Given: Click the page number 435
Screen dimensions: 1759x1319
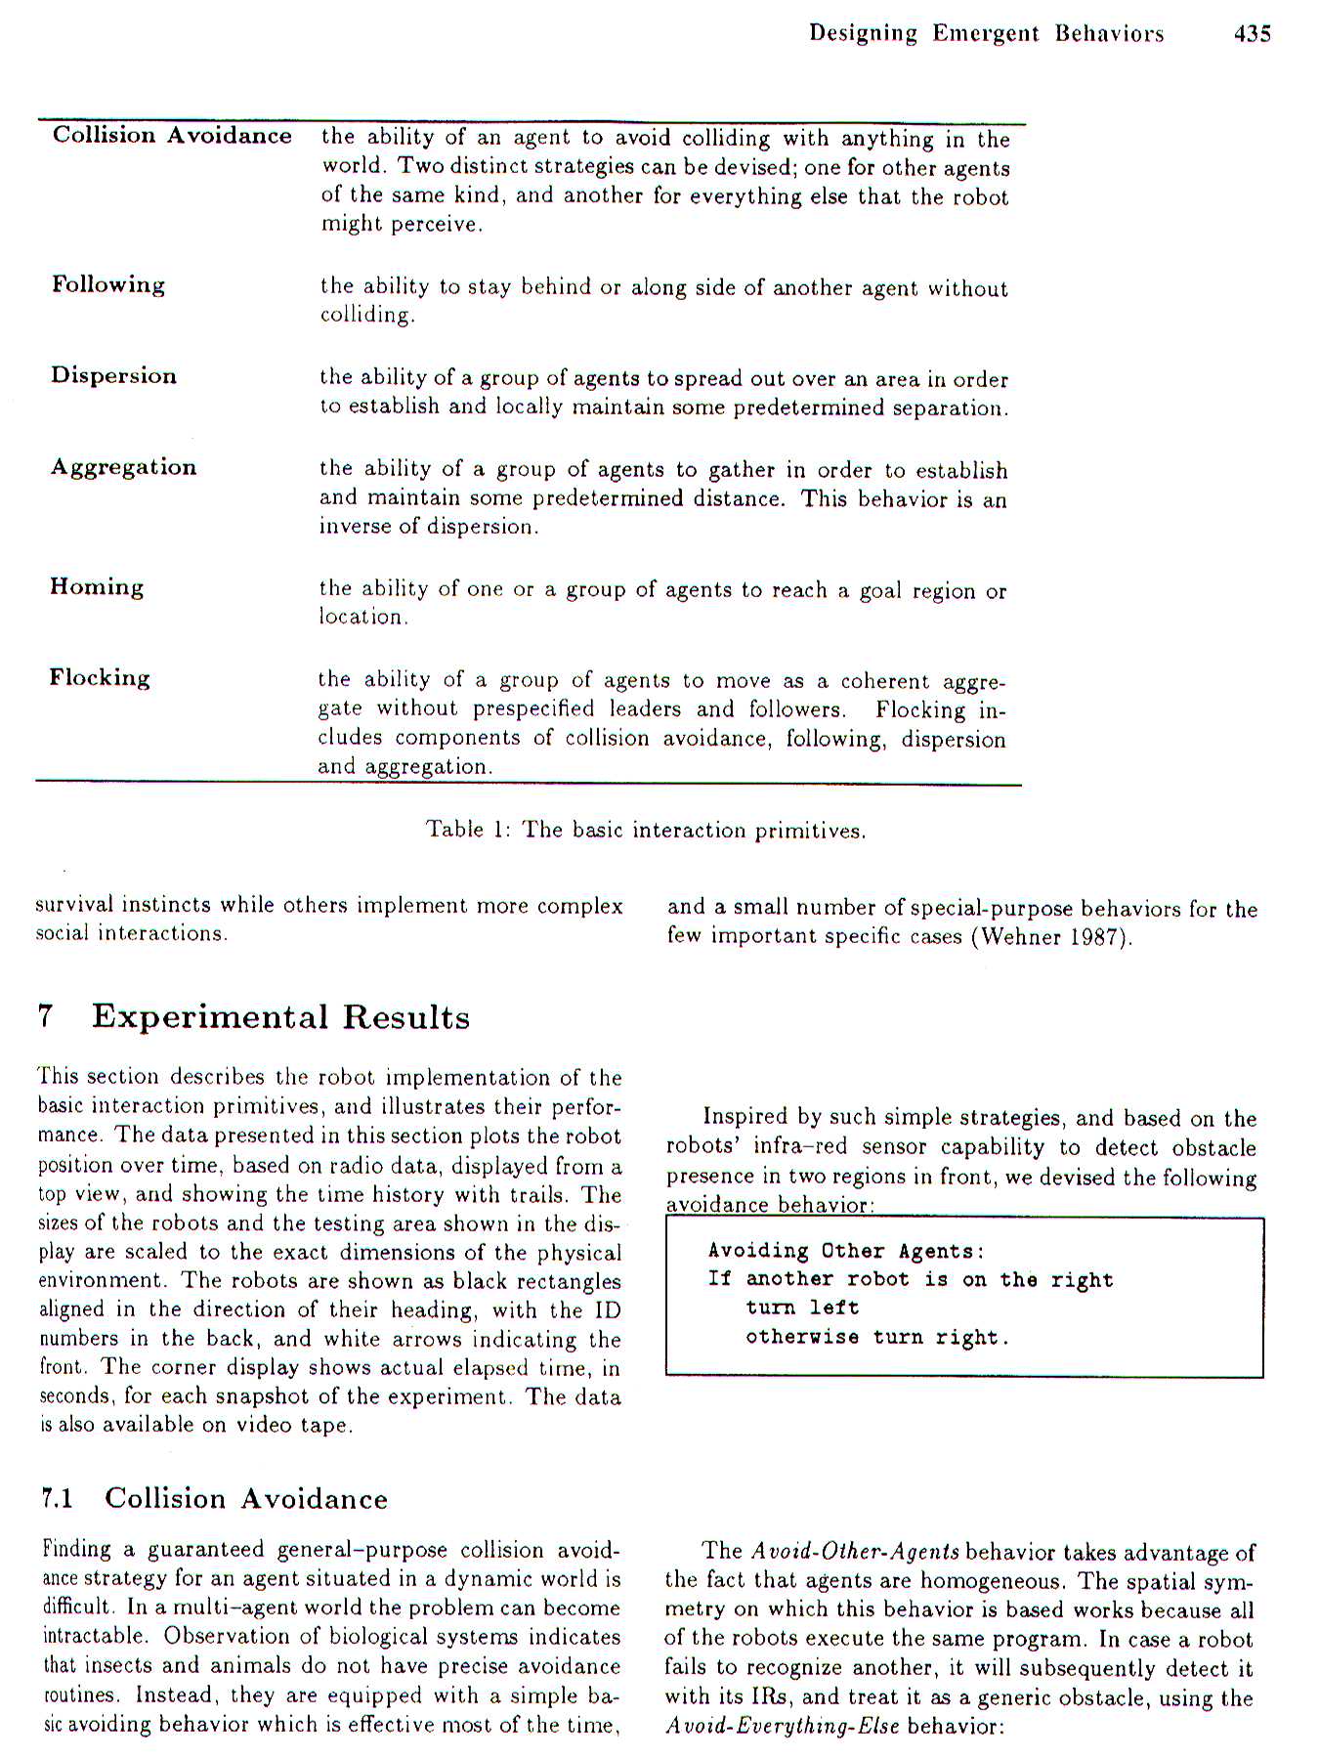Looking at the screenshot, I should [1252, 34].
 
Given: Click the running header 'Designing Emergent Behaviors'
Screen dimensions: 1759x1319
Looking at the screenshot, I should [986, 34].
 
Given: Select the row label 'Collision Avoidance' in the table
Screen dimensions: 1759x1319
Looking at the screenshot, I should [172, 135].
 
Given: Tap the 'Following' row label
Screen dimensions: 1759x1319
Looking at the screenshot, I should [108, 284].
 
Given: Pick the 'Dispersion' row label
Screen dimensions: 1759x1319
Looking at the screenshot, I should [114, 375].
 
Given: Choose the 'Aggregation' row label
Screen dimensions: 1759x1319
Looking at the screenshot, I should [124, 466].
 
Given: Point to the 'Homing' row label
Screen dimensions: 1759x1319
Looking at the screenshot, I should [97, 586].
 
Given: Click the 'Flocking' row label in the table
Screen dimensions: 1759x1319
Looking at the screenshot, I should [100, 677].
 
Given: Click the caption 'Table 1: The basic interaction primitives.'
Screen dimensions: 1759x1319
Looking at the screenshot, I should [646, 830].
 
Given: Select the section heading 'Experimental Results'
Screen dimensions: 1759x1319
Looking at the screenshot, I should [280, 1017].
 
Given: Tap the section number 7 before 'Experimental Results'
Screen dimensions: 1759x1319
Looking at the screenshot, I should [44, 1017].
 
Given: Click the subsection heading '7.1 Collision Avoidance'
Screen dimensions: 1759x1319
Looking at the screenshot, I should [215, 1498].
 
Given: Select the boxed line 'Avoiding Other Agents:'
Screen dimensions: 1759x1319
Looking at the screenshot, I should [846, 1251].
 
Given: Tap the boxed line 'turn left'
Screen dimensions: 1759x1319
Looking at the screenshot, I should [802, 1308].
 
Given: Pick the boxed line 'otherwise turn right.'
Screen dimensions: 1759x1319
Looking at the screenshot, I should [877, 1337].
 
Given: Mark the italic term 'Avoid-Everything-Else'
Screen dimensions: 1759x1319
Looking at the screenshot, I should [783, 1726].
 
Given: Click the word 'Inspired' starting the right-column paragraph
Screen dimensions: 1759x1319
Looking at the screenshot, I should [745, 1117].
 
